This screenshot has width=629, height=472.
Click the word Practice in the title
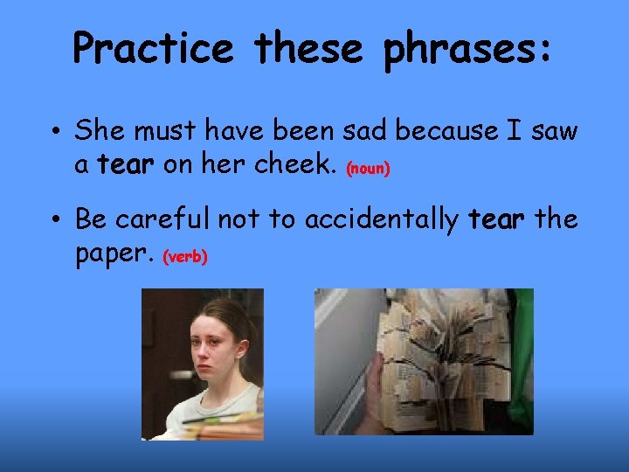[153, 48]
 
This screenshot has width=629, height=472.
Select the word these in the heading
[308, 48]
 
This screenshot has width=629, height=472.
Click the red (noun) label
[368, 169]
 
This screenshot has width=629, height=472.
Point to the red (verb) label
[184, 257]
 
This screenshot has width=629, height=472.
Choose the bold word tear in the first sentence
[126, 164]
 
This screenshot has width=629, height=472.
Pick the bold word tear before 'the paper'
[497, 219]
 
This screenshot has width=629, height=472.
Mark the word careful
[165, 219]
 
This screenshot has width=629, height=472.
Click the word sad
[366, 131]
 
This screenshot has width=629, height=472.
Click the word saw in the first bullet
[556, 131]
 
